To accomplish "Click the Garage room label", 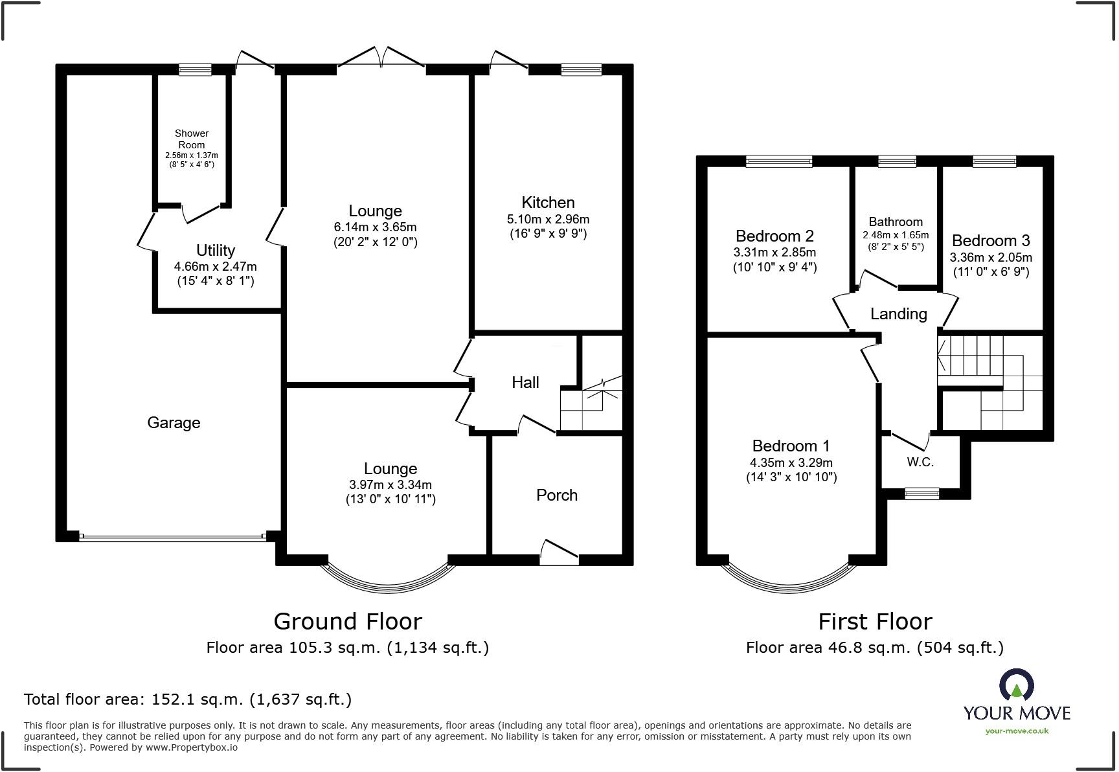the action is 174,423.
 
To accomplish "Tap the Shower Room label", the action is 192,139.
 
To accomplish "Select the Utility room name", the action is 216,251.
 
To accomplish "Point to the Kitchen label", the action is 548,203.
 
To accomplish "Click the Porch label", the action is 557,495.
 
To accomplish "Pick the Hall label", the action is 525,383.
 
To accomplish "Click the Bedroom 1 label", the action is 791,446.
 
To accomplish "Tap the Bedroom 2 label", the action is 774,236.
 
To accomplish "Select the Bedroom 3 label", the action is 991,241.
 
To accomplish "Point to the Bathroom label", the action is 896,222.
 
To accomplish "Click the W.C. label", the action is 920,462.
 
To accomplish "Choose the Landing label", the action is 899,315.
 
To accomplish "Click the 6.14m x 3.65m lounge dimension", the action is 376,227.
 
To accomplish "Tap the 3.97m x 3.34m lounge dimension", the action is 390,485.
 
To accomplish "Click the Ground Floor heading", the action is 348,622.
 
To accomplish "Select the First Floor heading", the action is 875,622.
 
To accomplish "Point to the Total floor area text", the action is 188,699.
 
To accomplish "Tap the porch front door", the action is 559,551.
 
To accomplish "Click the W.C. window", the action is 921,494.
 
